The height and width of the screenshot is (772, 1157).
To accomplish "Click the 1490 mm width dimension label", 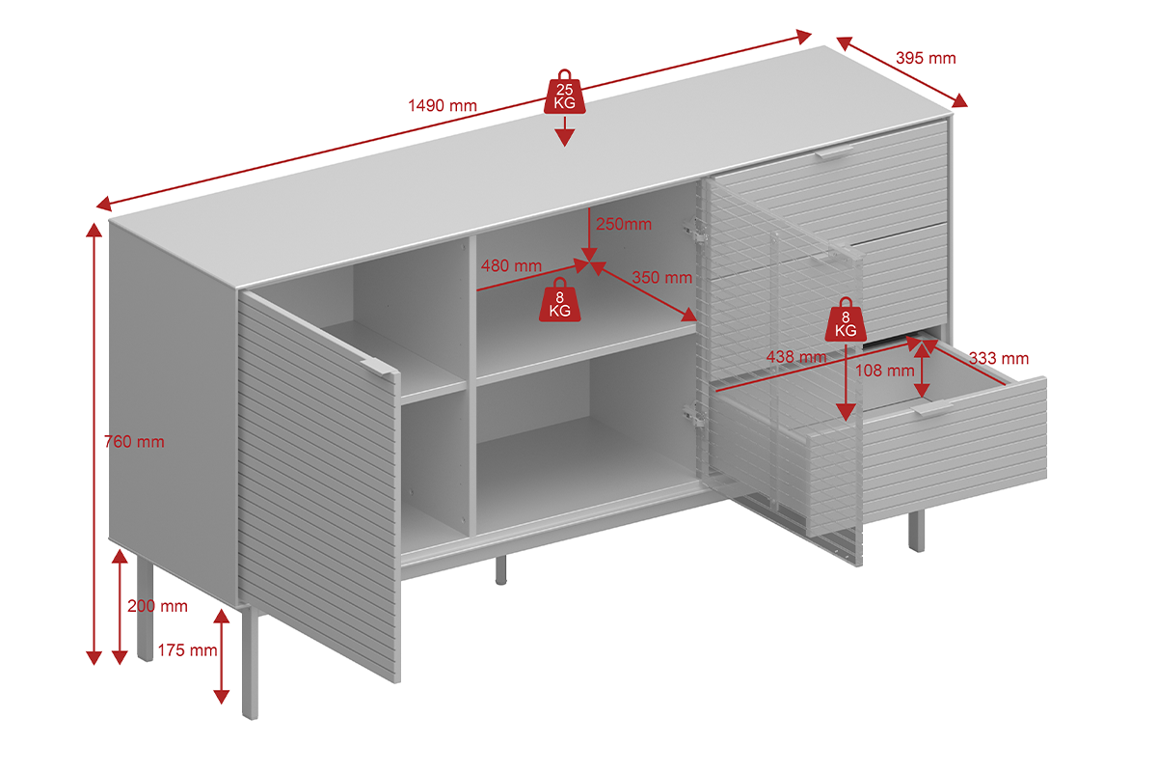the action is pyautogui.click(x=443, y=105).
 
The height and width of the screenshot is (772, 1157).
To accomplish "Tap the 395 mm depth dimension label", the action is pyautogui.click(x=926, y=58).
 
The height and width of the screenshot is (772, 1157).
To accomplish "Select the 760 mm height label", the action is pyautogui.click(x=134, y=442).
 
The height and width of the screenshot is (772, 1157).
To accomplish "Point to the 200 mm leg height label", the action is pyautogui.click(x=157, y=606).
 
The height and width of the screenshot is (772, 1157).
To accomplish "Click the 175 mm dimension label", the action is pyautogui.click(x=187, y=650).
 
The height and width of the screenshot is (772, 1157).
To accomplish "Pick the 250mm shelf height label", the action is pyautogui.click(x=624, y=224).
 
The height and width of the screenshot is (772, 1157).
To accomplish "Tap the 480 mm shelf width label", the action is pyautogui.click(x=511, y=265).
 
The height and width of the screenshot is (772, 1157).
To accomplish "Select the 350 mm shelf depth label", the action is pyautogui.click(x=662, y=278).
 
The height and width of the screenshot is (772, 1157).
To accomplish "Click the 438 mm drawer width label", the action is pyautogui.click(x=796, y=357).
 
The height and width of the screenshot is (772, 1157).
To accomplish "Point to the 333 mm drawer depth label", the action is pyautogui.click(x=999, y=358).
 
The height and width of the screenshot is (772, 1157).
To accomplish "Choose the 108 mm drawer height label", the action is pyautogui.click(x=885, y=371).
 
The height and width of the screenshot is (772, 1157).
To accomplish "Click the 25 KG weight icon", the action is pyautogui.click(x=565, y=92).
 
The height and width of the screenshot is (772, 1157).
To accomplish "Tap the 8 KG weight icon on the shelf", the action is pyautogui.click(x=560, y=300).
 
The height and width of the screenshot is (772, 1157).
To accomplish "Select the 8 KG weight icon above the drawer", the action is pyautogui.click(x=846, y=319).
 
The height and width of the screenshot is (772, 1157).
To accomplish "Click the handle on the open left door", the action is pyautogui.click(x=379, y=367).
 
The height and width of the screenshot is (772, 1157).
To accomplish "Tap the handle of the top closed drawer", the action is pyautogui.click(x=834, y=152).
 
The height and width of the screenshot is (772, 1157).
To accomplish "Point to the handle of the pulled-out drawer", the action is pyautogui.click(x=932, y=408).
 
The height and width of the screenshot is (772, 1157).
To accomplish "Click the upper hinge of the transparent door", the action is pyautogui.click(x=695, y=229).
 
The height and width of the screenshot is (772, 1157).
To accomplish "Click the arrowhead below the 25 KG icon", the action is pyautogui.click(x=565, y=137).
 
